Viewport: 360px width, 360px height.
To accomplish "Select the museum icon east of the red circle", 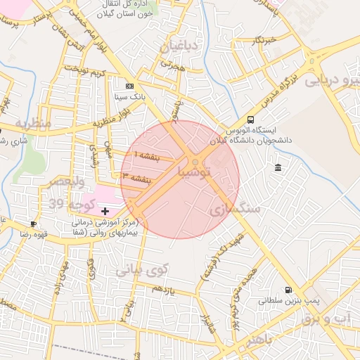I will tap(279, 167).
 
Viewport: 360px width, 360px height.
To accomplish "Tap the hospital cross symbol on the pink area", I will tap(105, 210).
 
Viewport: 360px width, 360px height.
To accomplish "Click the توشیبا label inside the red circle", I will tap(195, 172).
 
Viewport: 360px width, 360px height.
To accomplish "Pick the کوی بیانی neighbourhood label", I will tap(143, 269).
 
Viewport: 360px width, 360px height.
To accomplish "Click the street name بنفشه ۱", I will tap(148, 156).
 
